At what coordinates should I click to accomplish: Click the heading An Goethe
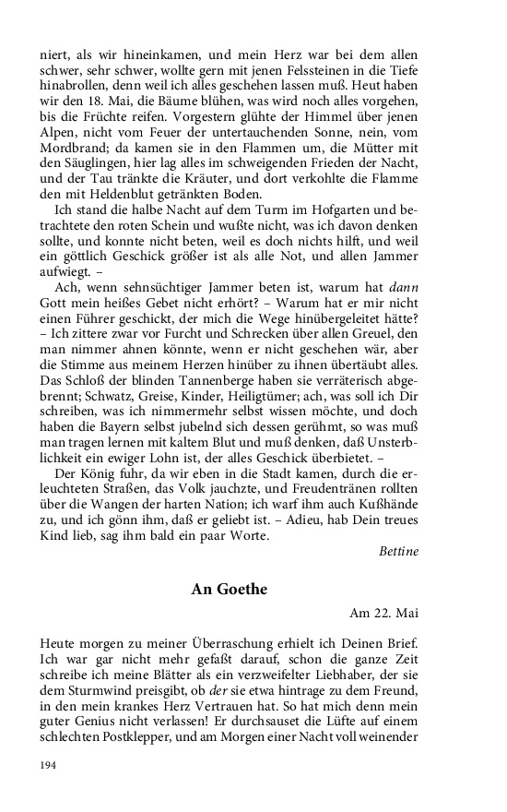click(x=230, y=589)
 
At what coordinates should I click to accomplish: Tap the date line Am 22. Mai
click(x=383, y=613)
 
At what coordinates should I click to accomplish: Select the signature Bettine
click(x=398, y=552)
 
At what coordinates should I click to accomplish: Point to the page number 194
click(x=49, y=765)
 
